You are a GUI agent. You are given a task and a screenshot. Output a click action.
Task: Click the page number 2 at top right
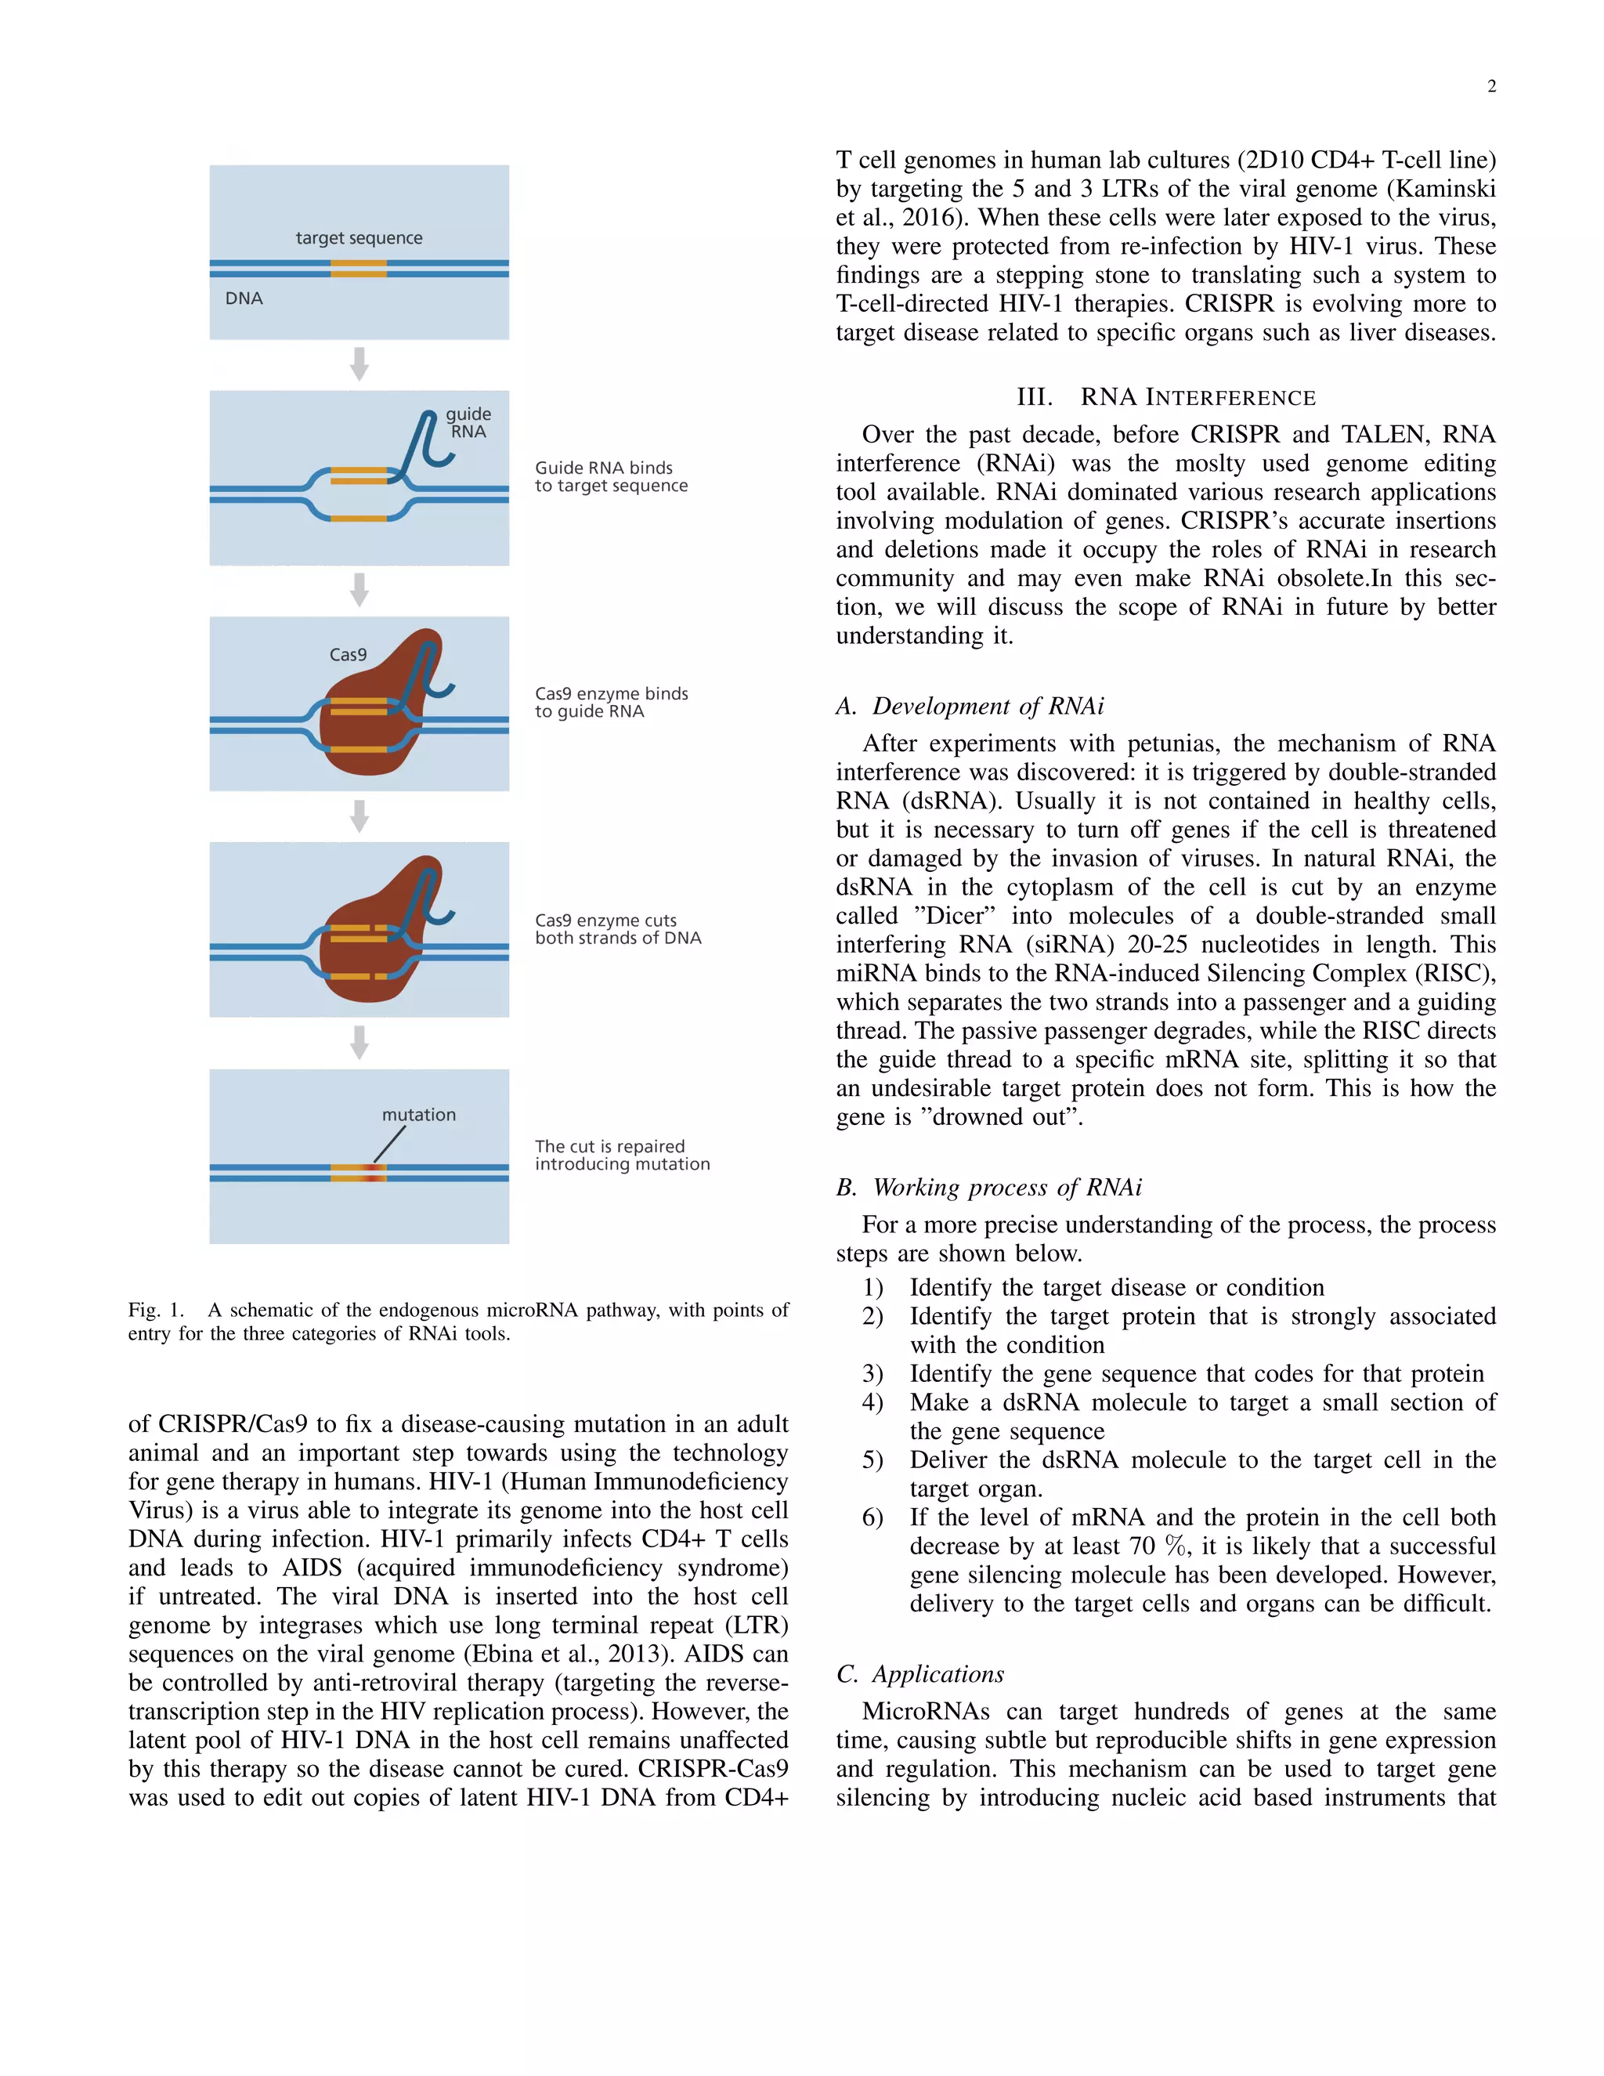pyautogui.click(x=1491, y=86)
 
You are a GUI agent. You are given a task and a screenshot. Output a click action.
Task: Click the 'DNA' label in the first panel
pyautogui.click(x=244, y=298)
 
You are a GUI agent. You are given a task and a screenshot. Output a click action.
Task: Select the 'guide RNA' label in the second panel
pyautogui.click(x=468, y=423)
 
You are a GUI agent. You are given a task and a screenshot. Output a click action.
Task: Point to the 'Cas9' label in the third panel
pyautogui.click(x=348, y=655)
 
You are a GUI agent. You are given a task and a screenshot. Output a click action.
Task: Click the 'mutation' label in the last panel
pyautogui.click(x=418, y=1114)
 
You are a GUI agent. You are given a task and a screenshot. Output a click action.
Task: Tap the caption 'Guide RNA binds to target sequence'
pyautogui.click(x=610, y=476)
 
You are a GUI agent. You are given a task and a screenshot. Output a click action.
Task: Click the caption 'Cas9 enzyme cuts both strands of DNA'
pyautogui.click(x=618, y=928)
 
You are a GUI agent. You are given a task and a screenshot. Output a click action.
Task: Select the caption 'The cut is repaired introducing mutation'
pyautogui.click(x=621, y=1155)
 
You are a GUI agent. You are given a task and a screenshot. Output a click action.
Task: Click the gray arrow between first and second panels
pyautogui.click(x=359, y=364)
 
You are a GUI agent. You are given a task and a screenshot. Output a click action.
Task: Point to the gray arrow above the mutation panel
pyautogui.click(x=359, y=1042)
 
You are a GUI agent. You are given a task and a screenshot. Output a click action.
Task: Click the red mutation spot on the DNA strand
pyautogui.click(x=374, y=1173)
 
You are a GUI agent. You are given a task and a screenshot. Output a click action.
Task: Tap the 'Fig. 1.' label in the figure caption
pyautogui.click(x=156, y=1310)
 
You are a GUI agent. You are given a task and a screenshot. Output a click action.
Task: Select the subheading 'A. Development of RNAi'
pyautogui.click(x=970, y=707)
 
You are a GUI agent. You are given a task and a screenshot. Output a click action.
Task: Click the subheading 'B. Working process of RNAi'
pyautogui.click(x=988, y=1187)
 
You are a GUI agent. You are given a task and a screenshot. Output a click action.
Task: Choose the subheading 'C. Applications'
pyautogui.click(x=919, y=1674)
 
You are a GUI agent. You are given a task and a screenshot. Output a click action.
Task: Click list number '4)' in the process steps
pyautogui.click(x=872, y=1402)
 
